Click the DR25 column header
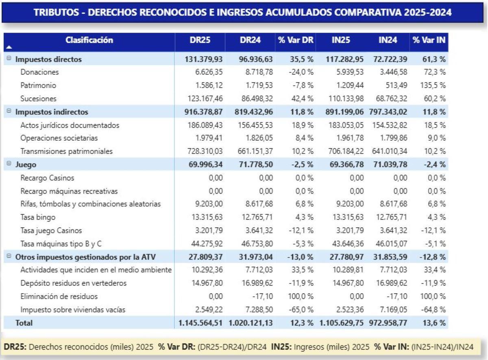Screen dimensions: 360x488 pyautogui.click(x=200, y=40)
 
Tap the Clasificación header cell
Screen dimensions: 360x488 pyautogui.click(x=89, y=40)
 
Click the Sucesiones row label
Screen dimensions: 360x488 pyautogui.click(x=39, y=98)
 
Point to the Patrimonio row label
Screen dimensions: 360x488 pyautogui.click(x=38, y=85)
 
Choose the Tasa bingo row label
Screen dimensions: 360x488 pyautogui.click(x=38, y=217)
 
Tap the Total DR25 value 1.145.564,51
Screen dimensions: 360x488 pyautogui.click(x=201, y=323)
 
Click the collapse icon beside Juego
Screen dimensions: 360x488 pyautogui.click(x=9, y=164)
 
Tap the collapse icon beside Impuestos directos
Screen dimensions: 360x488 pyautogui.click(x=9, y=59)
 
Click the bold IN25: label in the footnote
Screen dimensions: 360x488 pyautogui.click(x=281, y=347)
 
